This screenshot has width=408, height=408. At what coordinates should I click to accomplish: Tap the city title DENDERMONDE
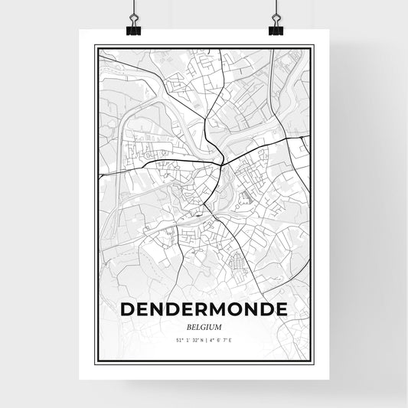204,308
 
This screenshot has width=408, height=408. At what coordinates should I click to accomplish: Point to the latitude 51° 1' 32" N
188,339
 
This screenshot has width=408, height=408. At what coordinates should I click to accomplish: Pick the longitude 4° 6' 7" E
221,339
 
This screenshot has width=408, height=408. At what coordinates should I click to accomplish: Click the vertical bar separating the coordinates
205,339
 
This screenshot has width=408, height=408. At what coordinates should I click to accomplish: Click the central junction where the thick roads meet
221,162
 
